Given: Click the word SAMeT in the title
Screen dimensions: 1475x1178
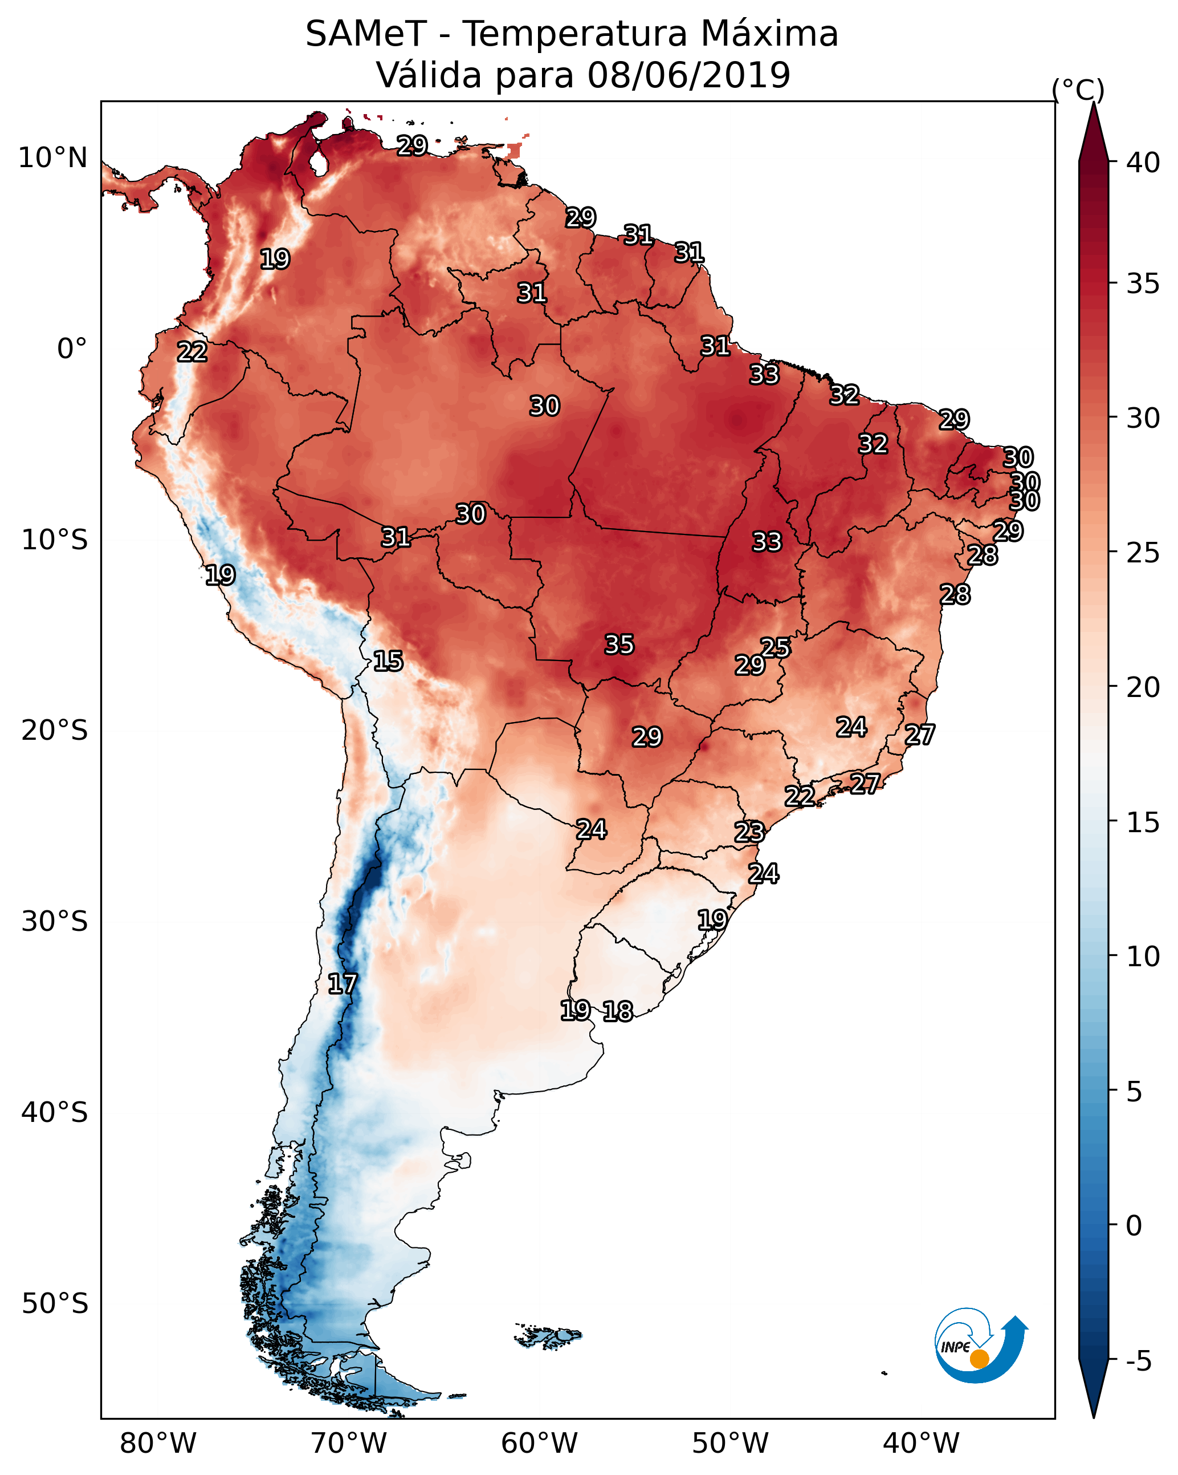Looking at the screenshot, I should click(366, 34).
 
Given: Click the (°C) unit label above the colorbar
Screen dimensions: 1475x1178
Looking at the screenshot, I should click(1078, 90).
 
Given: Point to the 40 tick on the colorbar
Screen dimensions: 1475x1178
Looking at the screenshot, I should click(1143, 163).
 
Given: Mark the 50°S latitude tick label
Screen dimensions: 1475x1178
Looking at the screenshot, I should click(55, 1304).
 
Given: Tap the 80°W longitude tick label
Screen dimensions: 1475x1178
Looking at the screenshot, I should click(158, 1444).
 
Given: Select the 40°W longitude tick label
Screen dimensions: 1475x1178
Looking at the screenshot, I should click(921, 1444).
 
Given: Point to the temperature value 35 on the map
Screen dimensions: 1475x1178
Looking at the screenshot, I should click(619, 645).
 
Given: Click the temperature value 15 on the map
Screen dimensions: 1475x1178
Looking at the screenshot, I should click(388, 661).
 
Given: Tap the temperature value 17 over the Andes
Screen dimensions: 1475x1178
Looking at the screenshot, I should click(343, 984).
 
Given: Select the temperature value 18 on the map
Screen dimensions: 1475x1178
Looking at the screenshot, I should click(618, 1011).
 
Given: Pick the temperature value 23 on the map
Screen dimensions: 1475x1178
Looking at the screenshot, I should click(749, 832).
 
